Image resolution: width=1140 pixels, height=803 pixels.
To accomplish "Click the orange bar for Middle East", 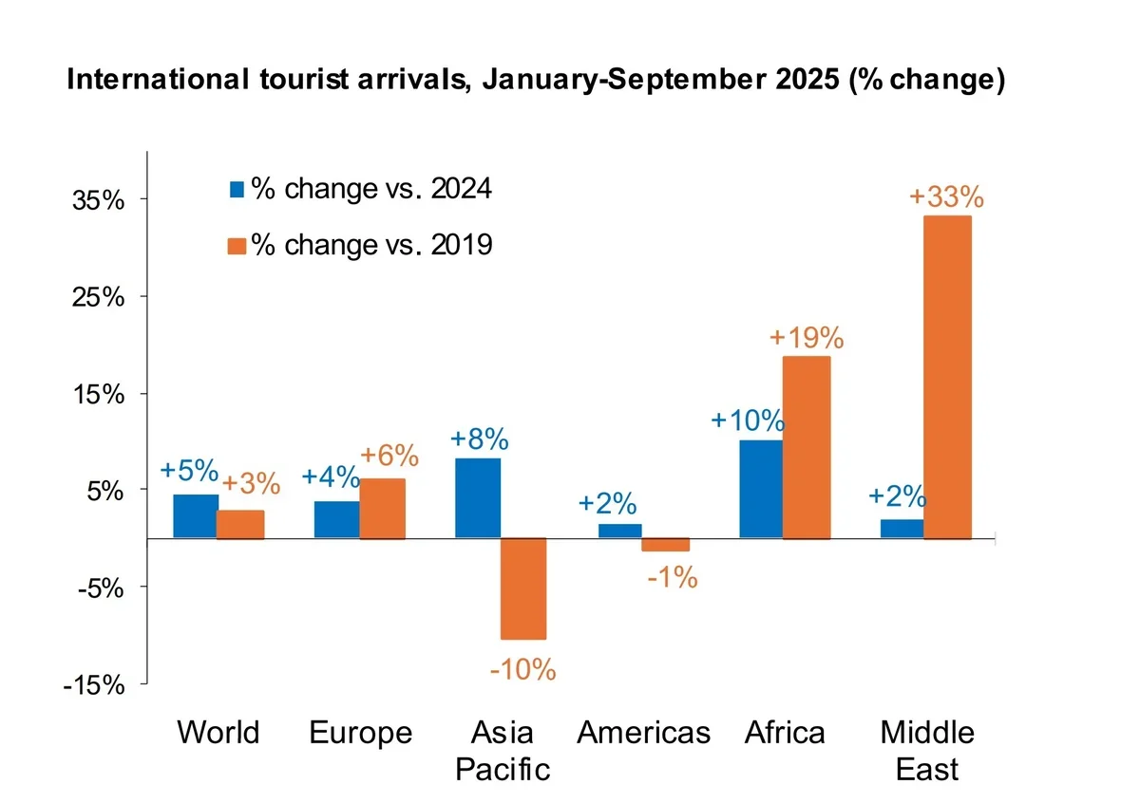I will click(947, 377).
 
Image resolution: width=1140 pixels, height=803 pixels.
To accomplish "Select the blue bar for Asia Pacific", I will click(478, 498).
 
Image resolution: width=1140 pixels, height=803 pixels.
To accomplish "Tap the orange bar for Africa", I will click(807, 447).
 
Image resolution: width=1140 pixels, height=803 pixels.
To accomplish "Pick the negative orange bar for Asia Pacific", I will click(523, 588).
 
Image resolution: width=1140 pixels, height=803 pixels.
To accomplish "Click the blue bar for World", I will click(195, 516).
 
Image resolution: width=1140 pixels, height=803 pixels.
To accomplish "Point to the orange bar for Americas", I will click(665, 545).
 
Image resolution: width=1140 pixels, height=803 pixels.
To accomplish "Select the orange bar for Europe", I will click(382, 509).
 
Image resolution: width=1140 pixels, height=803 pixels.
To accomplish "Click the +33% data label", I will click(946, 197).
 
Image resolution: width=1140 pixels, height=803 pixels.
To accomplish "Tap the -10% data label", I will click(522, 669).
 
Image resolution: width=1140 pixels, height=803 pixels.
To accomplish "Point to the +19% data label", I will click(807, 338).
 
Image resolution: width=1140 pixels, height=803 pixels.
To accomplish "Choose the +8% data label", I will click(479, 440).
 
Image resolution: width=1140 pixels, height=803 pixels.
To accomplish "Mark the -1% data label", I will click(673, 576).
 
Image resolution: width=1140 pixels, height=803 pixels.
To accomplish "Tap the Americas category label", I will click(644, 733).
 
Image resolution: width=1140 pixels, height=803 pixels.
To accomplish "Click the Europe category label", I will click(361, 733).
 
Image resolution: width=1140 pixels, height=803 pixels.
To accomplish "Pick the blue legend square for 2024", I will click(237, 190).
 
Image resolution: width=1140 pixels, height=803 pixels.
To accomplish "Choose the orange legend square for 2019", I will click(237, 246).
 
